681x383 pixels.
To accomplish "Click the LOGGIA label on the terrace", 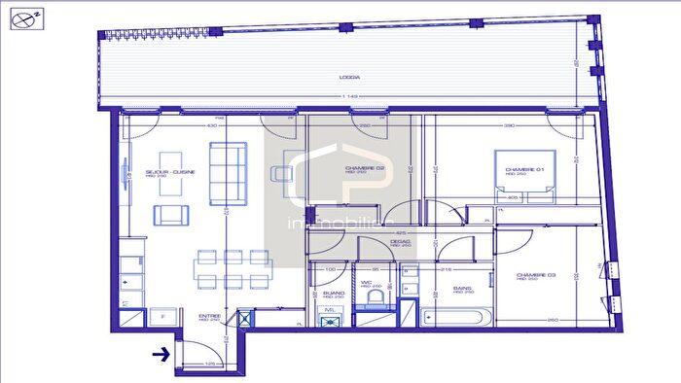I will tap(350, 77).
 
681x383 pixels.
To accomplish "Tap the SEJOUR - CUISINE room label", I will tap(170, 172).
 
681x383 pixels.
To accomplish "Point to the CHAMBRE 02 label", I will tap(365, 168).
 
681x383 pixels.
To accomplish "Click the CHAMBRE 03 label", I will tap(536, 275).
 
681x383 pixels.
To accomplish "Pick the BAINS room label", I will tap(462, 287).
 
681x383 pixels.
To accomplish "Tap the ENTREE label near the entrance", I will tap(209, 316).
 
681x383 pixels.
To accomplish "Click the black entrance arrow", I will tap(160, 355).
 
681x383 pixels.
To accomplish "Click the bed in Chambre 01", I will tap(525, 177).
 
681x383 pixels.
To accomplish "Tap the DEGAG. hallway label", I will tap(399, 244).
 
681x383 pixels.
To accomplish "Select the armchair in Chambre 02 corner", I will tap(282, 173).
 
